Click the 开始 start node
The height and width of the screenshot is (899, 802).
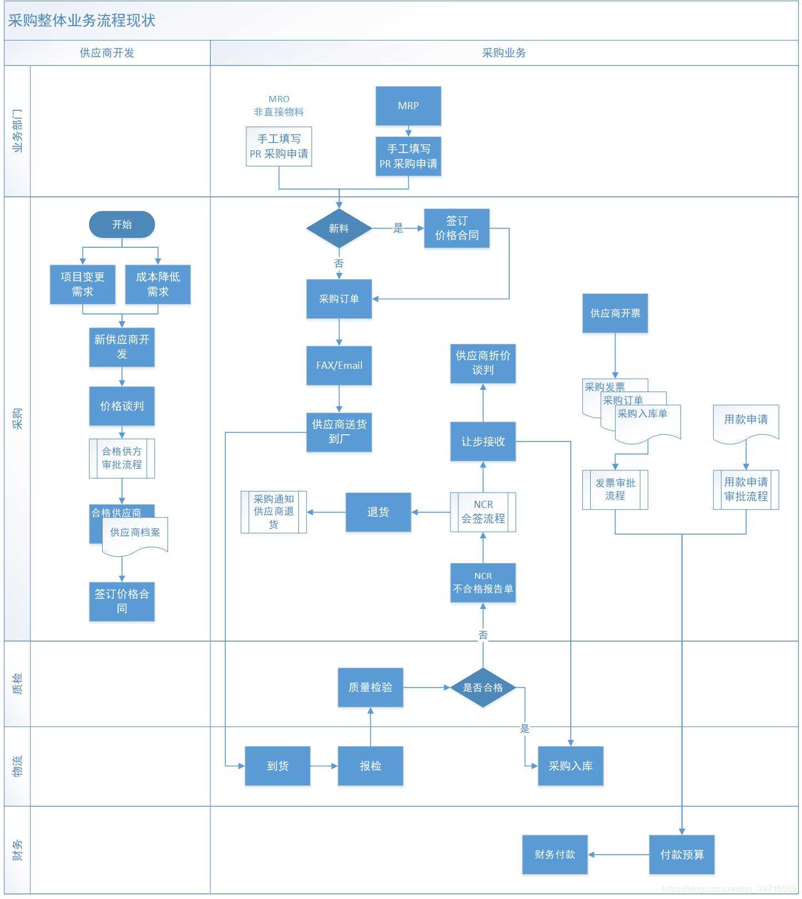pyautogui.click(x=121, y=225)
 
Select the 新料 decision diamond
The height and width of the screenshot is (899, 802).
pyautogui.click(x=339, y=228)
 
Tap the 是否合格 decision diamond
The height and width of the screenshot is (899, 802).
pyautogui.click(x=483, y=688)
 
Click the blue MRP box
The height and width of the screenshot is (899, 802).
pyautogui.click(x=408, y=105)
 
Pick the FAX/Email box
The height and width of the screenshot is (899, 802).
pyautogui.click(x=339, y=365)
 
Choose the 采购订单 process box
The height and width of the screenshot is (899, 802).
pyautogui.click(x=339, y=299)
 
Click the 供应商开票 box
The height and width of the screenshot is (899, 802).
pyautogui.click(x=615, y=313)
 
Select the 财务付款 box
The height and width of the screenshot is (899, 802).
pyautogui.click(x=555, y=855)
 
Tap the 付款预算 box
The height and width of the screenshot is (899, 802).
pyautogui.click(x=682, y=855)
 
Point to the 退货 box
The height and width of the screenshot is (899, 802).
pyautogui.click(x=378, y=512)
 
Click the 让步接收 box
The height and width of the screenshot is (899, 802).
pyautogui.click(x=483, y=441)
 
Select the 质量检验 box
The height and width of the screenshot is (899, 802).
pyautogui.click(x=370, y=687)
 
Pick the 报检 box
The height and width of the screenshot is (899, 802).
pyautogui.click(x=370, y=766)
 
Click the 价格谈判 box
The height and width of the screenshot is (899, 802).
pyautogui.click(x=121, y=406)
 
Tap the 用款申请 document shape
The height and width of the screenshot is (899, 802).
pyautogui.click(x=745, y=421)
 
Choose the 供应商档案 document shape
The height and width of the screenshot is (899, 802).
pyautogui.click(x=135, y=534)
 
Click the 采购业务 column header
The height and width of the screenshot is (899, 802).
pyautogui.click(x=504, y=53)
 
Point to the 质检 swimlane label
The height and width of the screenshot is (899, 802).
pyautogui.click(x=17, y=684)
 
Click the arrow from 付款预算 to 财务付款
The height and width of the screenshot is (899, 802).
pyautogui.click(x=618, y=855)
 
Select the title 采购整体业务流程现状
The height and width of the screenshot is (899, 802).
pyautogui.click(x=82, y=21)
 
